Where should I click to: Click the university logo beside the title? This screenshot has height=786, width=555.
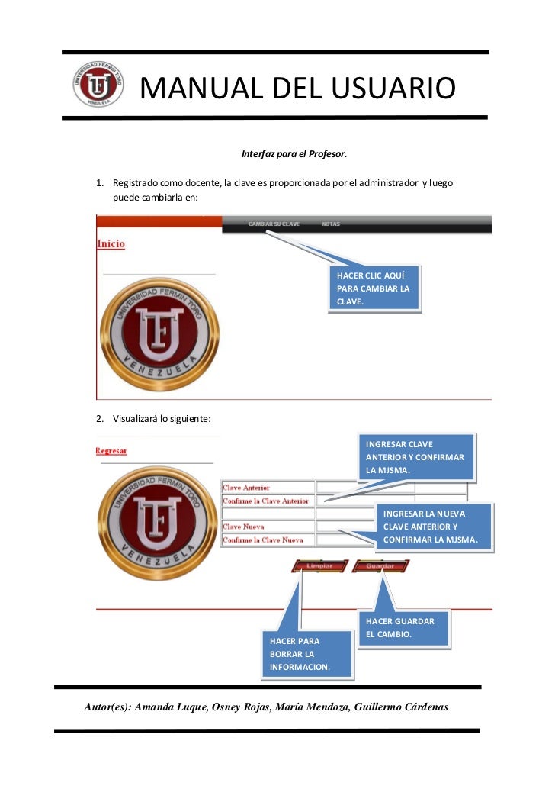98,84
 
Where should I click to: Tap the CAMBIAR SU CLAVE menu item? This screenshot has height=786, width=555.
274,224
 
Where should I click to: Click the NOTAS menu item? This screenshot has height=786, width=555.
331,224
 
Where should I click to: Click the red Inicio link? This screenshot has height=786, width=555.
111,243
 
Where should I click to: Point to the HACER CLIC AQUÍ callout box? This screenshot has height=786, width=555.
374,288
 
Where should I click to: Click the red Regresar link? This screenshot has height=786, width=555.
111,451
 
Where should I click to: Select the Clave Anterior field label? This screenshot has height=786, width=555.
245,488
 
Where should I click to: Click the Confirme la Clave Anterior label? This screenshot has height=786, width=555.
265,501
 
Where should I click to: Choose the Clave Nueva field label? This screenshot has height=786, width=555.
243,527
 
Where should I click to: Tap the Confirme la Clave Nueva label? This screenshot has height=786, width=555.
263,540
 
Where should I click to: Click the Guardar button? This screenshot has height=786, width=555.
380,566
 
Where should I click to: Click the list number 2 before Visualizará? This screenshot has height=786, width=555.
98,418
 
